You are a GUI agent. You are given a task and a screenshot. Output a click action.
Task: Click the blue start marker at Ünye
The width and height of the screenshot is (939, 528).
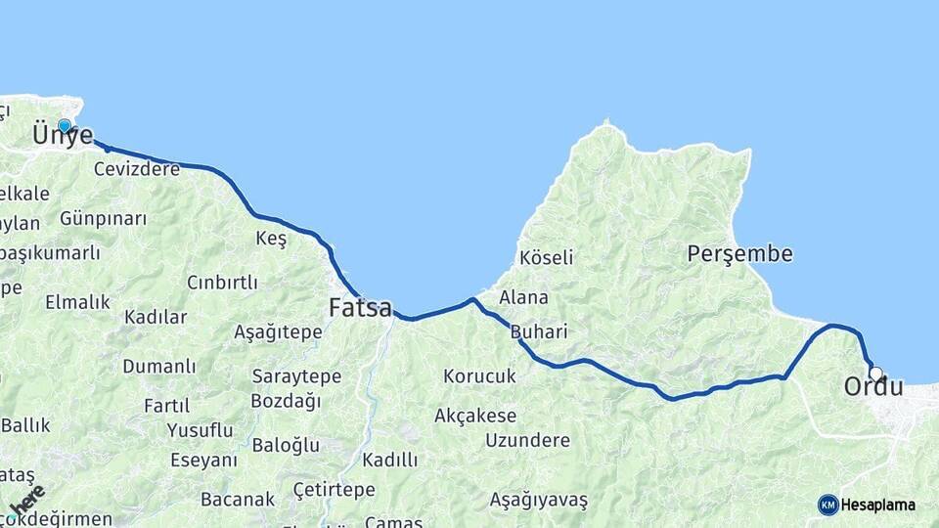coord(65,125)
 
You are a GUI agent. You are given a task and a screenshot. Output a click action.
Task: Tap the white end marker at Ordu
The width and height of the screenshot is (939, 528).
coord(875,373)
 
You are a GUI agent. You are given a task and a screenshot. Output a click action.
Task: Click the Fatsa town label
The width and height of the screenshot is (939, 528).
coord(360,307)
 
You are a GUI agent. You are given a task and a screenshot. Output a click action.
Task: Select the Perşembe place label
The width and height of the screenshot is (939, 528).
coord(739,254)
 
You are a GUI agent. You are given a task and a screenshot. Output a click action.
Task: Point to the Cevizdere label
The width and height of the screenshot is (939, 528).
coord(137,169)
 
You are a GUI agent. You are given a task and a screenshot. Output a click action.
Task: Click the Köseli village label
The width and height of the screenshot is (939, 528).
coord(547,258)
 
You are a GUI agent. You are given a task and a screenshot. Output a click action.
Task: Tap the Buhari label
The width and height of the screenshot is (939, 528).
coord(539,331)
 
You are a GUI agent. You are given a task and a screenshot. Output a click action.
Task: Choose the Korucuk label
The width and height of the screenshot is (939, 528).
coord(479,375)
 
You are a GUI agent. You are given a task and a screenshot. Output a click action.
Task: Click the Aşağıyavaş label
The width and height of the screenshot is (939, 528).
coord(539,501)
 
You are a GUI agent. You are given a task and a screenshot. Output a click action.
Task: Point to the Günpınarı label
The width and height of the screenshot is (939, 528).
coord(103,218)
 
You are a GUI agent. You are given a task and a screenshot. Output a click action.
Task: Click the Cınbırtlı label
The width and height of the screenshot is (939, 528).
coord(222,283)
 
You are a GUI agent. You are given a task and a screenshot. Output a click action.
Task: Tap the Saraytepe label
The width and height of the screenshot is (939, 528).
coord(296,376)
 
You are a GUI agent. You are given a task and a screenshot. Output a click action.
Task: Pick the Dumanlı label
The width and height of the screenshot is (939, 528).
coord(159,367)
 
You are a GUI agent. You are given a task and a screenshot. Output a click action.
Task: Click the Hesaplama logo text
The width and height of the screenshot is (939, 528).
coord(878,505)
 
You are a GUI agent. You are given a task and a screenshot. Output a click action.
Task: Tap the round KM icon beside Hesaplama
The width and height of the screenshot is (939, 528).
coord(827,505)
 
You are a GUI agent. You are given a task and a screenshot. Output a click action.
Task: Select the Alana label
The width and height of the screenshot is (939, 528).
coord(523,297)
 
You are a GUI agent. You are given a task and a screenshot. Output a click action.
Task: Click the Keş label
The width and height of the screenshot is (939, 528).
coord(271,240)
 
